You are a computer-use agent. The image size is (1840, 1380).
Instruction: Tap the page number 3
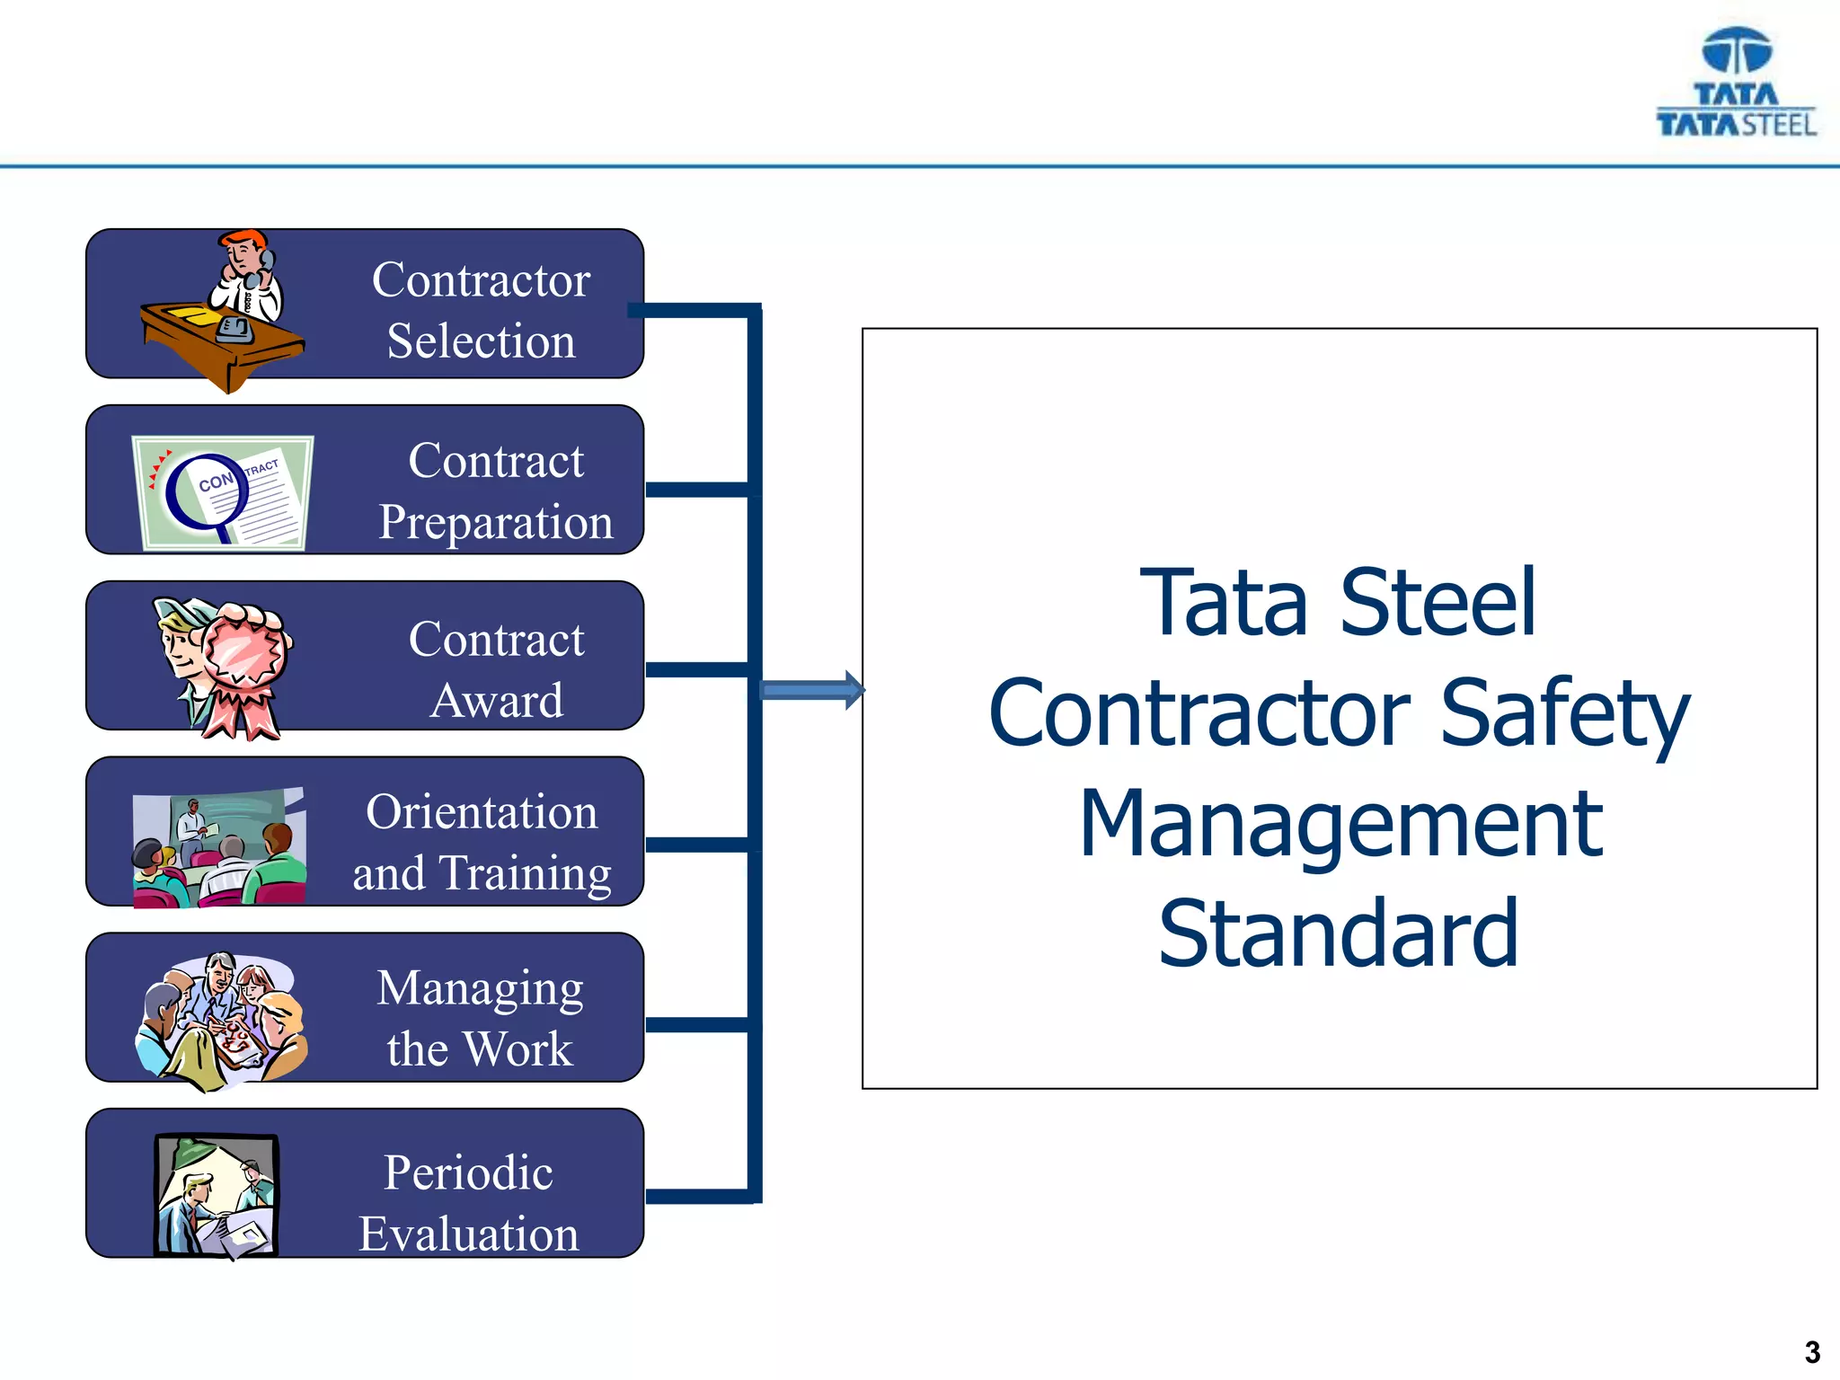click(x=1812, y=1352)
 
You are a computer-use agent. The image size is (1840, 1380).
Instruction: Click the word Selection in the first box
click(x=481, y=341)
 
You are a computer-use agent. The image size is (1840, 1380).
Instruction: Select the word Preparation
click(x=496, y=522)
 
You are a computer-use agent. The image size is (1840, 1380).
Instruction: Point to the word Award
click(x=497, y=701)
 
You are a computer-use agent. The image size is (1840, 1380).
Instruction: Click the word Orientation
click(x=482, y=812)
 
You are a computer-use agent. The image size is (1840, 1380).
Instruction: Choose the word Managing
click(x=480, y=989)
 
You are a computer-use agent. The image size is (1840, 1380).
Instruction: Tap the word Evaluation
click(x=469, y=1234)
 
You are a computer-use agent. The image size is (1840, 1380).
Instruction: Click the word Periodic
click(x=468, y=1172)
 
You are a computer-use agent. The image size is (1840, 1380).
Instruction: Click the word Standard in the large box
click(x=1338, y=934)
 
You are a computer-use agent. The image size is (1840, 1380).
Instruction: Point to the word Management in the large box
click(x=1340, y=823)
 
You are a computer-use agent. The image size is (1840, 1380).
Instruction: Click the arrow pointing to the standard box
click(x=811, y=690)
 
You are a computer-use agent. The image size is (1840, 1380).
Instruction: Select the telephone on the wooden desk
click(x=235, y=329)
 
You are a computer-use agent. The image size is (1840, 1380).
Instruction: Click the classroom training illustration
click(x=219, y=848)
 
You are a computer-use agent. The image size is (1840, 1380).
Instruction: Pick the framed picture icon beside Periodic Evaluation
click(x=217, y=1194)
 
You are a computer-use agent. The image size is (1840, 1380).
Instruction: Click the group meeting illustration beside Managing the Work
click(x=221, y=1019)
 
